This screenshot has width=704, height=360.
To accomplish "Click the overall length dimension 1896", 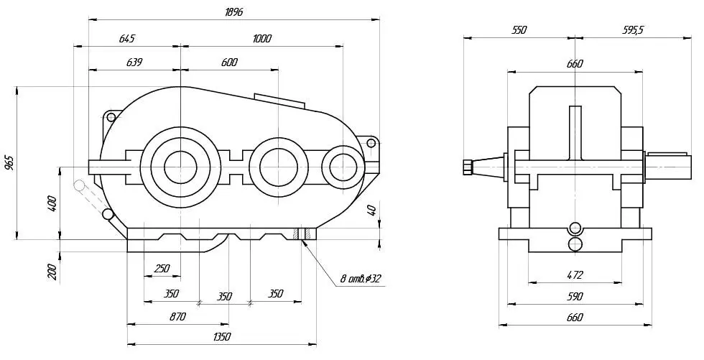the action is [x=233, y=12].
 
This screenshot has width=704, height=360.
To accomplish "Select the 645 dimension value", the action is [x=126, y=39].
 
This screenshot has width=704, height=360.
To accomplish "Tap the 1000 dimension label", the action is [x=261, y=39].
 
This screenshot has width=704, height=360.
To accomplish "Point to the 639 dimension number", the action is [x=134, y=62].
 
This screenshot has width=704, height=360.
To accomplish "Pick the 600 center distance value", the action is [x=229, y=62].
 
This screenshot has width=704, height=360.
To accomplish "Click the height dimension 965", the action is [x=10, y=163].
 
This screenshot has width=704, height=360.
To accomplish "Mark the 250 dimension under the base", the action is [x=162, y=269].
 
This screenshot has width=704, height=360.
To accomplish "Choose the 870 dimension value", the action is [x=177, y=316].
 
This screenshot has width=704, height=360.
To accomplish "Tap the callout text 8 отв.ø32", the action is [x=360, y=279].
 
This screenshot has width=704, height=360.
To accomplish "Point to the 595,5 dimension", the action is [x=633, y=30].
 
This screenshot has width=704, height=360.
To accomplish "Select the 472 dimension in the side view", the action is [x=575, y=274].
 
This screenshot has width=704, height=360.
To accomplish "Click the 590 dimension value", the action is [x=575, y=296].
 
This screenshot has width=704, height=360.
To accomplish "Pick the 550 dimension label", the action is [x=519, y=30].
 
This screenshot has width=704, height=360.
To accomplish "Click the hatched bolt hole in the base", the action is [x=302, y=234].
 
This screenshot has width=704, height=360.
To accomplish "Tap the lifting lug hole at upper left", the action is [x=111, y=118].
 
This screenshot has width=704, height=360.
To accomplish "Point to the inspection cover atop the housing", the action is [x=279, y=101].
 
